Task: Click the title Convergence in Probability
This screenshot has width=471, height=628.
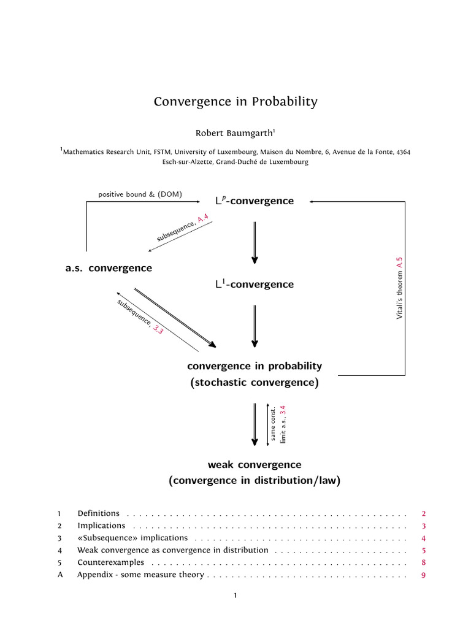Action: pos(235,102)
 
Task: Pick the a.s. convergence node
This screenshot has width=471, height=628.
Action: pos(109,268)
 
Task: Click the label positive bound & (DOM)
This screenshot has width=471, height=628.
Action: pos(140,194)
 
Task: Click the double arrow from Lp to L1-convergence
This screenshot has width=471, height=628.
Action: pos(255,242)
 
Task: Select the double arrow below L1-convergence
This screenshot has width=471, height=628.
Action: pos(255,326)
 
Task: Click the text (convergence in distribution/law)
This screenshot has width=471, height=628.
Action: pos(255,481)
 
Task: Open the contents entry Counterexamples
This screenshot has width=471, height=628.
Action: pos(110,562)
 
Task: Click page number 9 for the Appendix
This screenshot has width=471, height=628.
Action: pos(423,575)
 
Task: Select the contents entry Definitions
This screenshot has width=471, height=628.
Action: pos(98,513)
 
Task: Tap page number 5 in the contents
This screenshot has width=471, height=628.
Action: pos(423,550)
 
